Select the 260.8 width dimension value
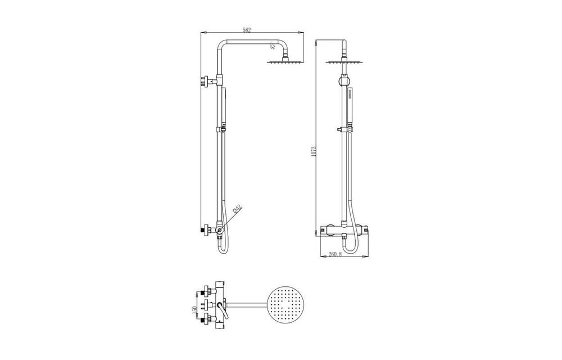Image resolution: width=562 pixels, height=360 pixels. (336, 255)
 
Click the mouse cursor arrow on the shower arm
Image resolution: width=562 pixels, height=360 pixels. (273, 46)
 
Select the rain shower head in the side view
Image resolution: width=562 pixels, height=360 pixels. (279, 61)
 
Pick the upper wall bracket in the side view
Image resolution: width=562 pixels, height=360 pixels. (207, 82)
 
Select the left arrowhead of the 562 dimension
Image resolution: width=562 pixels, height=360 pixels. (202, 34)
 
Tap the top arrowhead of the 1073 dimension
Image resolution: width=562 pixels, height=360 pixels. (318, 42)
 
